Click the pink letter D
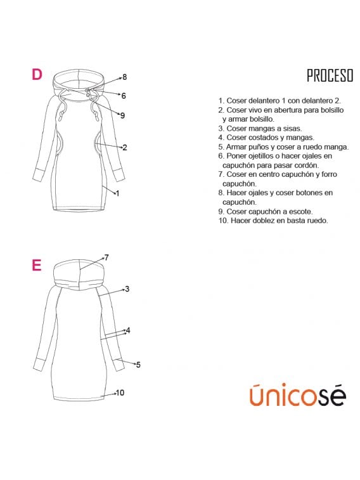tap(37, 74)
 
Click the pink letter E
tap(36, 265)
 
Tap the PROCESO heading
tap(330, 75)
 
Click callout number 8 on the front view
tap(124, 77)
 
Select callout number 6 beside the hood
tap(124, 96)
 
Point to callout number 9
tap(123, 115)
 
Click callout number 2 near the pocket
tap(125, 148)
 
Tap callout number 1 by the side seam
tap(117, 193)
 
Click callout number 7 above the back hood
tap(106, 257)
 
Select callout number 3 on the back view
tap(127, 289)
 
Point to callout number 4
tap(128, 330)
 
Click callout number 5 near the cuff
tap(138, 365)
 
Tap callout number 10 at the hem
tap(120, 392)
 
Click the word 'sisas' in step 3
tap(292, 129)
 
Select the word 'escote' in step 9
tap(301, 212)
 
